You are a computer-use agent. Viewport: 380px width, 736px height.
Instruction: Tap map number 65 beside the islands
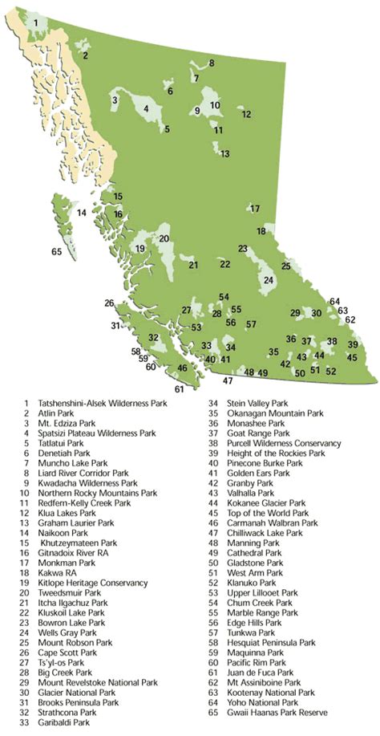click(56, 251)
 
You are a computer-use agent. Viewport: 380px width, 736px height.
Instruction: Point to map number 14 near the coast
click(81, 213)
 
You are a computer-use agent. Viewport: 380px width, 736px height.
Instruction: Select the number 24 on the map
click(269, 279)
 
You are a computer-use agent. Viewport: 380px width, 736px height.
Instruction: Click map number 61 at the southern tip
click(179, 388)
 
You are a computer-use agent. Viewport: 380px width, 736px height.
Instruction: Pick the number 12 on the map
click(247, 115)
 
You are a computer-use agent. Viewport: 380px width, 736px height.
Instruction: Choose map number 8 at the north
click(212, 63)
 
